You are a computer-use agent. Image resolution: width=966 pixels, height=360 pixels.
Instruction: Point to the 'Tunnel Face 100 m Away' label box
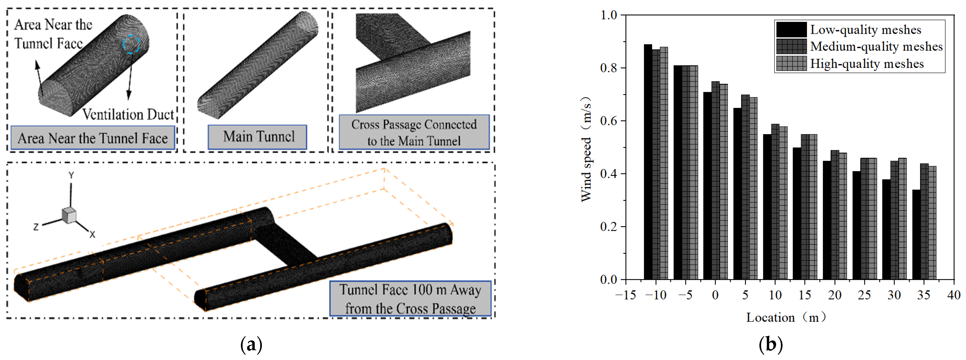(x=410, y=299)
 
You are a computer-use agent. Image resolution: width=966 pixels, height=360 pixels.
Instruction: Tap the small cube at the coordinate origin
(x=69, y=215)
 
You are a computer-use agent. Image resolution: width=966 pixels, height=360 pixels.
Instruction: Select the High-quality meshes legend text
(x=867, y=64)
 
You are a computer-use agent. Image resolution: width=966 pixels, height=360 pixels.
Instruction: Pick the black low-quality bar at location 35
(x=916, y=235)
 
